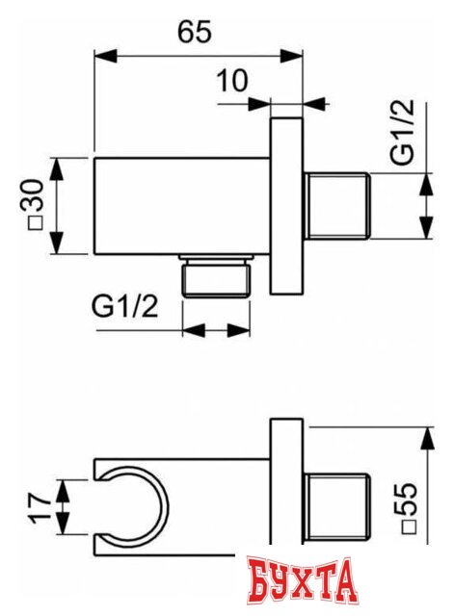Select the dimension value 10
(x=232, y=81)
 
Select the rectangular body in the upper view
(x=183, y=205)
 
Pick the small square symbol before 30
(x=31, y=223)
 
